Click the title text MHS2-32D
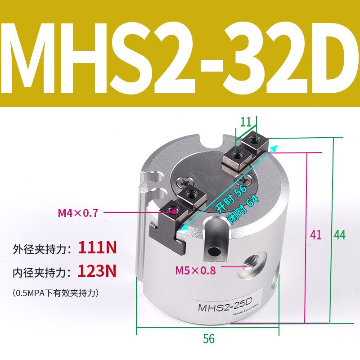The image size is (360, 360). click(x=180, y=54)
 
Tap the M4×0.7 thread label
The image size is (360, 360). click(x=78, y=212)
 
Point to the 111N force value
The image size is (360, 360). click(x=97, y=247)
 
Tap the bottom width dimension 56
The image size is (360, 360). click(x=209, y=339)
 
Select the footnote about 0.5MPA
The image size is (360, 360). click(x=56, y=292)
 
